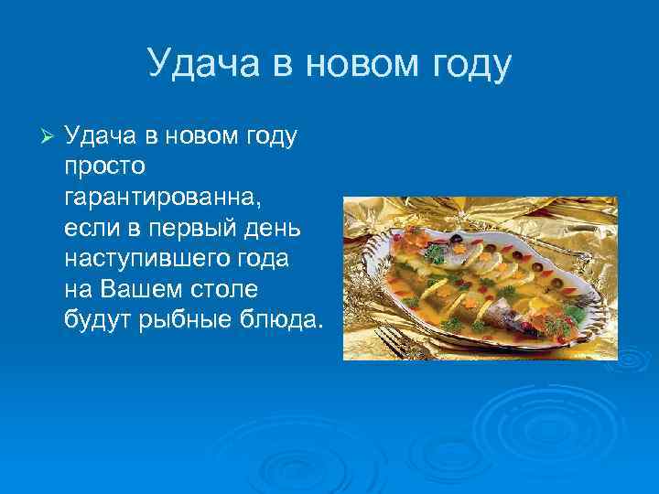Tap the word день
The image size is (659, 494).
(x=256, y=229)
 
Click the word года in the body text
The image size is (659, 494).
(x=262, y=259)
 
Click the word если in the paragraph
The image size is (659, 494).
(x=90, y=229)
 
